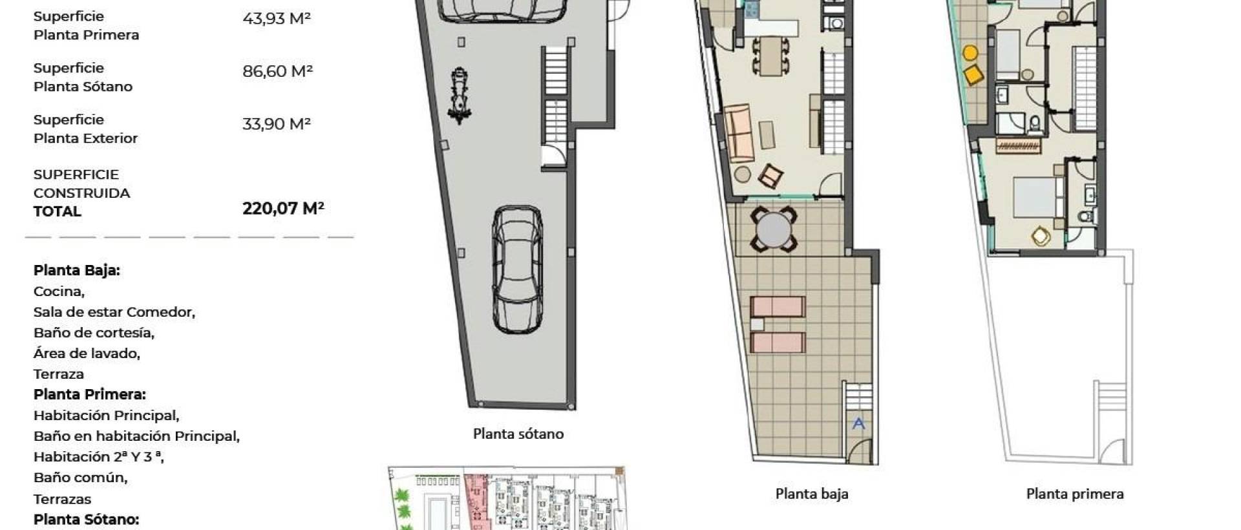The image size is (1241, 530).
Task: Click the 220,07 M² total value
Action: (x=282, y=208)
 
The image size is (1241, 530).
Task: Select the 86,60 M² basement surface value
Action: (x=277, y=71)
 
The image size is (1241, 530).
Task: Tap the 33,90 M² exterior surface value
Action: (x=276, y=123)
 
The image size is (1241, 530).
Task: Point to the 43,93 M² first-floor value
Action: (x=276, y=18)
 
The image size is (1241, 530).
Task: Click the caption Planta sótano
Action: (x=518, y=434)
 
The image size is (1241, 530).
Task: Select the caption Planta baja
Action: (x=811, y=494)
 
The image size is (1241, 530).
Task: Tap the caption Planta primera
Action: (x=1074, y=494)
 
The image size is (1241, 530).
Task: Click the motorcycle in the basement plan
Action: (x=460, y=96)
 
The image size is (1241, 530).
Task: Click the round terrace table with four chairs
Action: (x=773, y=229)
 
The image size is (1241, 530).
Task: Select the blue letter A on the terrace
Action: (x=858, y=423)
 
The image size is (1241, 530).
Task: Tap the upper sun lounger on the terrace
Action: (x=778, y=305)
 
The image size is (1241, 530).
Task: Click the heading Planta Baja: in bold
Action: (x=76, y=270)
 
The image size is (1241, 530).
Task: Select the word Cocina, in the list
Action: (x=59, y=291)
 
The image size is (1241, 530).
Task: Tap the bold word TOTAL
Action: (x=57, y=211)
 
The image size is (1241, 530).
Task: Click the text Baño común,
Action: (x=80, y=478)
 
